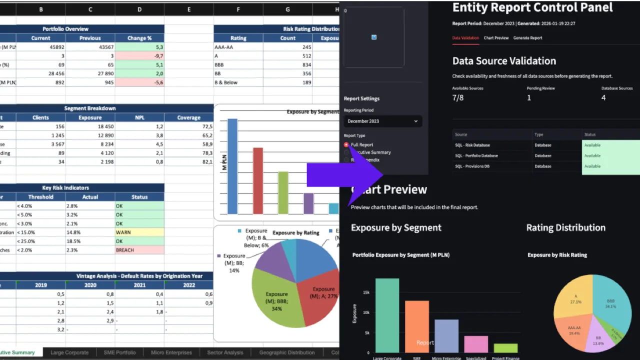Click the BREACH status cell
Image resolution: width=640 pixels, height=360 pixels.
(139, 250)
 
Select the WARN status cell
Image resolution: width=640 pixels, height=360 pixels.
(139, 232)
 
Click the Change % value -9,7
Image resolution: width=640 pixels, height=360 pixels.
(139, 56)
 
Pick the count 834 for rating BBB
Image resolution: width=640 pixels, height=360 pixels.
(287, 65)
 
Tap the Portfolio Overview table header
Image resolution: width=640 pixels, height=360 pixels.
(65, 29)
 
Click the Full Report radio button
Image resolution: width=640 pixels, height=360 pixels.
(346, 144)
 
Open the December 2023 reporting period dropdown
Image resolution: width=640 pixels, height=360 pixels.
(382, 121)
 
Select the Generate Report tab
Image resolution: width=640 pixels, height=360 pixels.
(527, 38)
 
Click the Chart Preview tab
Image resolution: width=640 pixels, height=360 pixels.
(496, 38)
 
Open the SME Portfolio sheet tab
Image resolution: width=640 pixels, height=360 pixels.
(119, 352)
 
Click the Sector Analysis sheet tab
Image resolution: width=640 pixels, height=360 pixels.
(225, 352)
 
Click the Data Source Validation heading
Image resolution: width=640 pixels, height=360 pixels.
(504, 61)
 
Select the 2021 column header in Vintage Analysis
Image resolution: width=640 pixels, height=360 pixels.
(139, 285)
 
